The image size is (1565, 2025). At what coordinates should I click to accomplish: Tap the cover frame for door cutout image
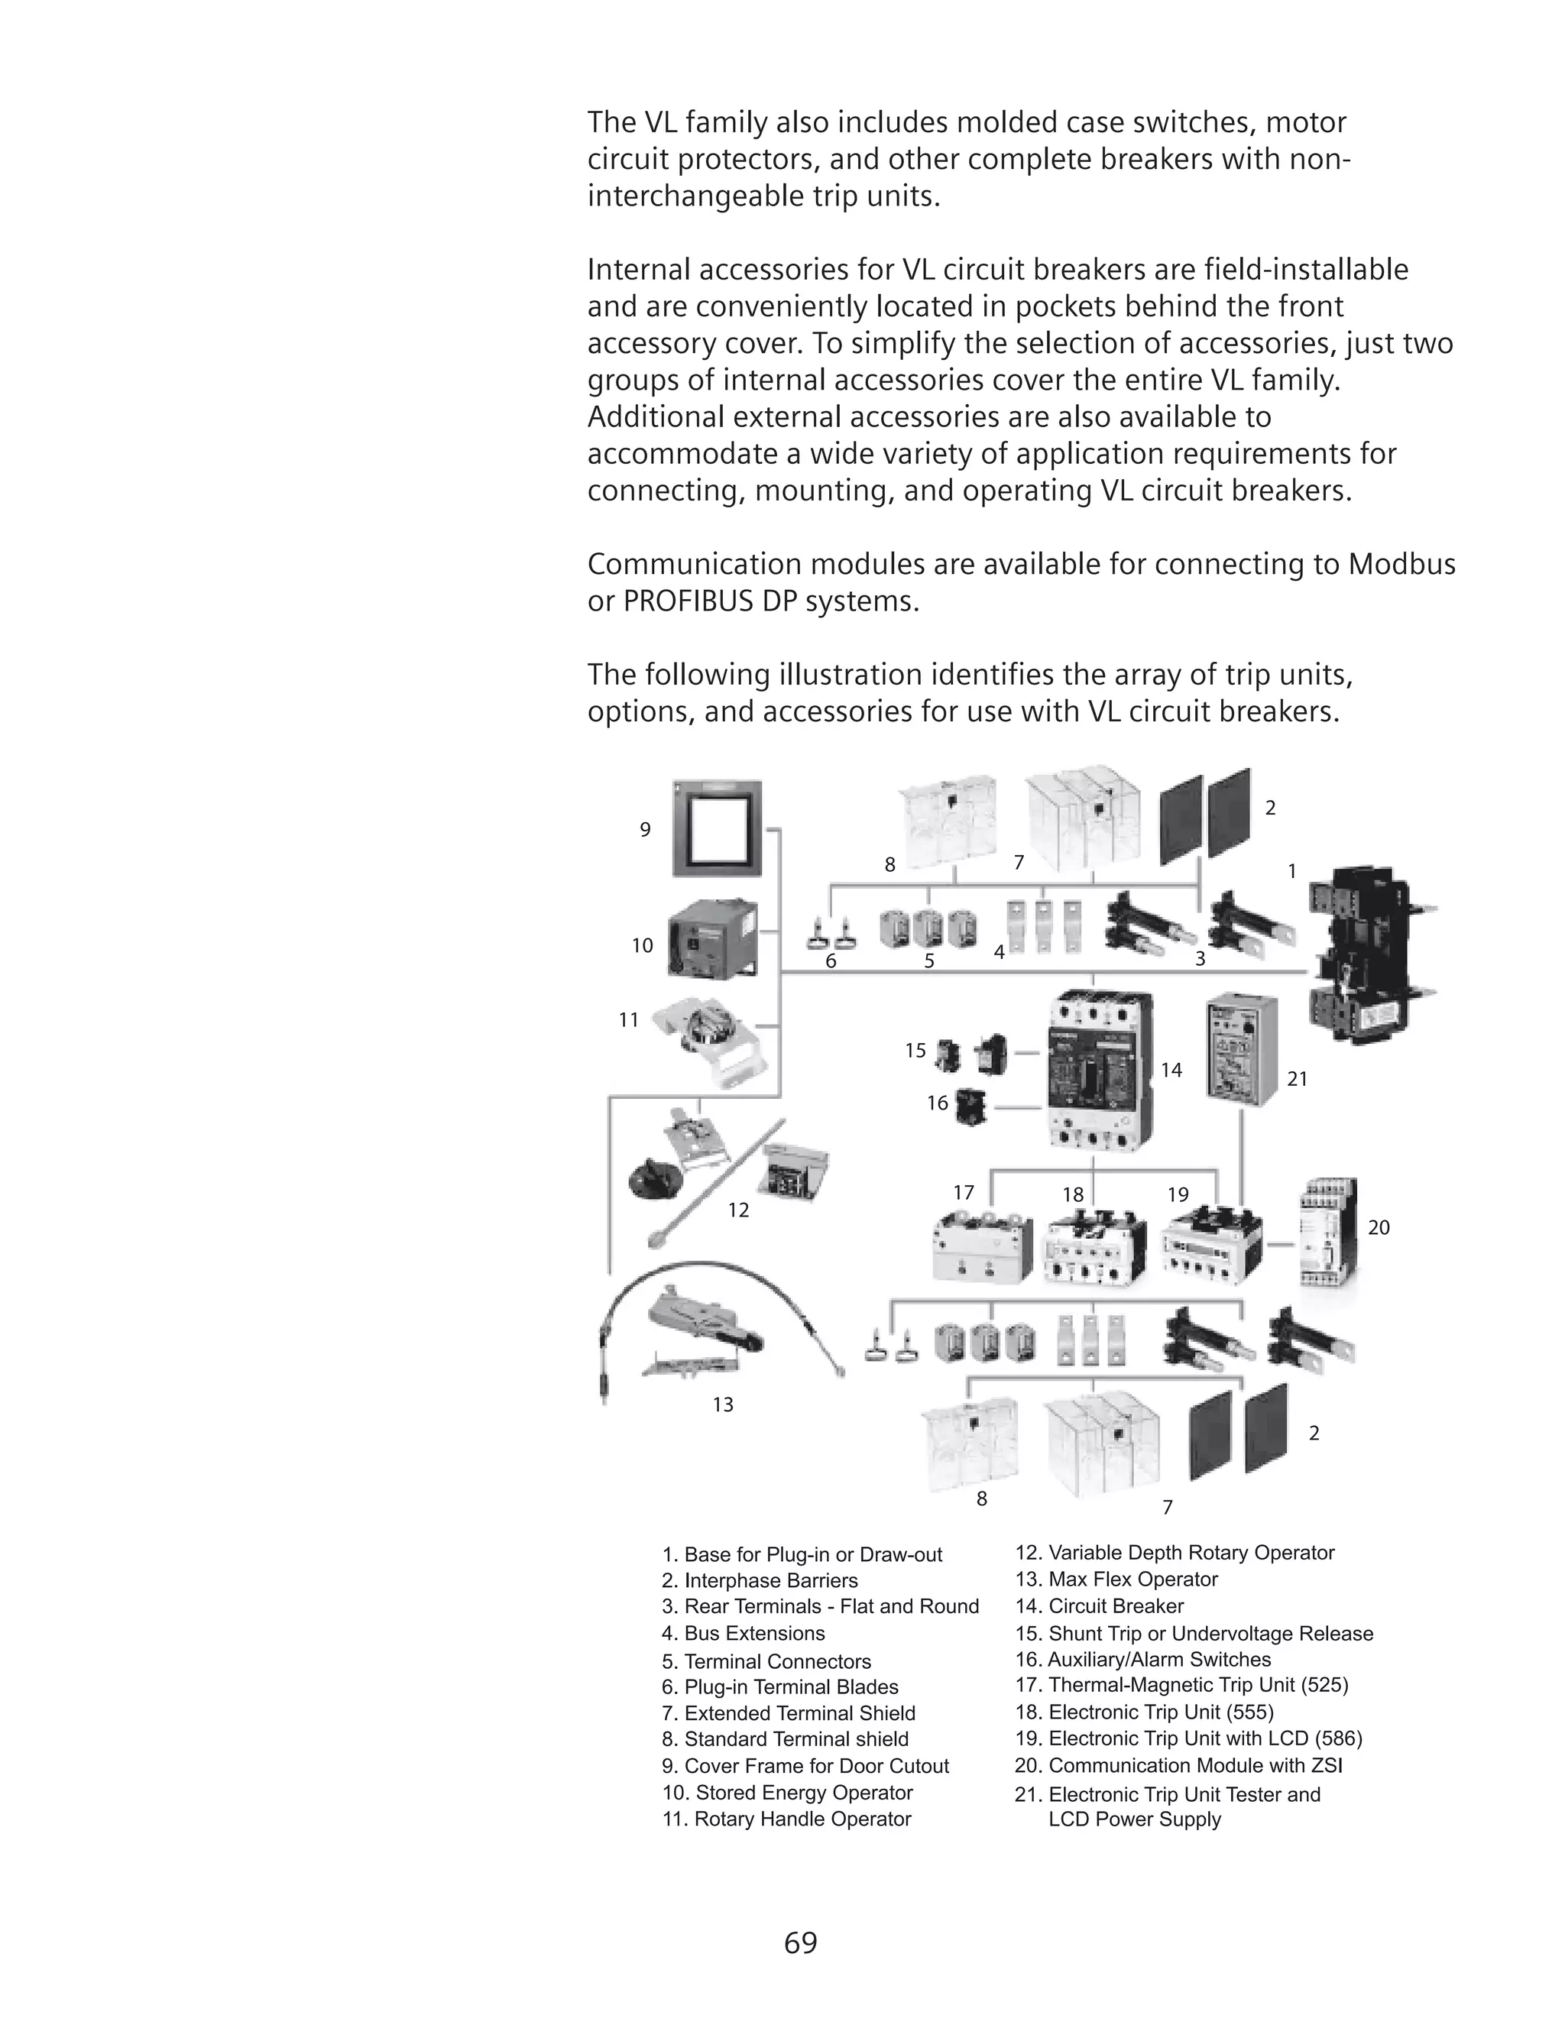pyautogui.click(x=717, y=828)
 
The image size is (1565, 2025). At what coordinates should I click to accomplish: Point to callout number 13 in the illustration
pyautogui.click(x=723, y=1405)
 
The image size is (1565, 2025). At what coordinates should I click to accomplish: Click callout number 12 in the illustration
pyautogui.click(x=738, y=1210)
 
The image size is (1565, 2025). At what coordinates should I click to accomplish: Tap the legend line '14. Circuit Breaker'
pyautogui.click(x=1100, y=1607)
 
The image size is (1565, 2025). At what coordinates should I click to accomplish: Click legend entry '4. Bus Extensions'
pyautogui.click(x=743, y=1634)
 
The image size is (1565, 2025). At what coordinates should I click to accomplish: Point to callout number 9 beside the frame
pyautogui.click(x=645, y=830)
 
